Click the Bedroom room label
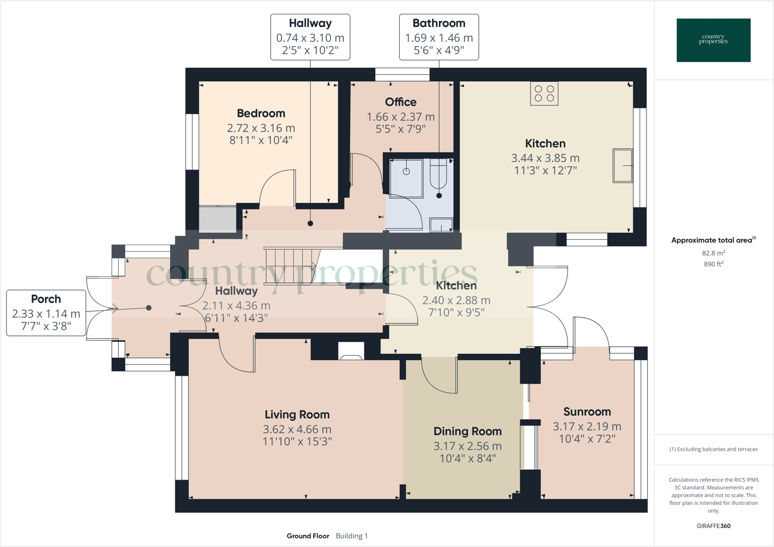click(261, 114)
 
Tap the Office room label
click(400, 103)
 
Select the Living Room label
click(297, 414)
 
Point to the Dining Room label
click(467, 431)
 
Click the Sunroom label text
click(587, 412)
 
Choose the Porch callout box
click(46, 313)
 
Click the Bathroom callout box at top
click(438, 37)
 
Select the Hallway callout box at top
click(310, 37)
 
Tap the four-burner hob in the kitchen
click(544, 94)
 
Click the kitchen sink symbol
click(622, 165)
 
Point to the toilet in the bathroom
click(438, 173)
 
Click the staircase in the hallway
click(291, 266)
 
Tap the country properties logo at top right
click(713, 40)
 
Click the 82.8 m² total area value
click(713, 253)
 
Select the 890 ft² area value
click(713, 264)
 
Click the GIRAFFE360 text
click(713, 526)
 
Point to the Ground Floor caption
click(308, 536)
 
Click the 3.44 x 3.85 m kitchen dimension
click(545, 158)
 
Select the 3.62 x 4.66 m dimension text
click(297, 429)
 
